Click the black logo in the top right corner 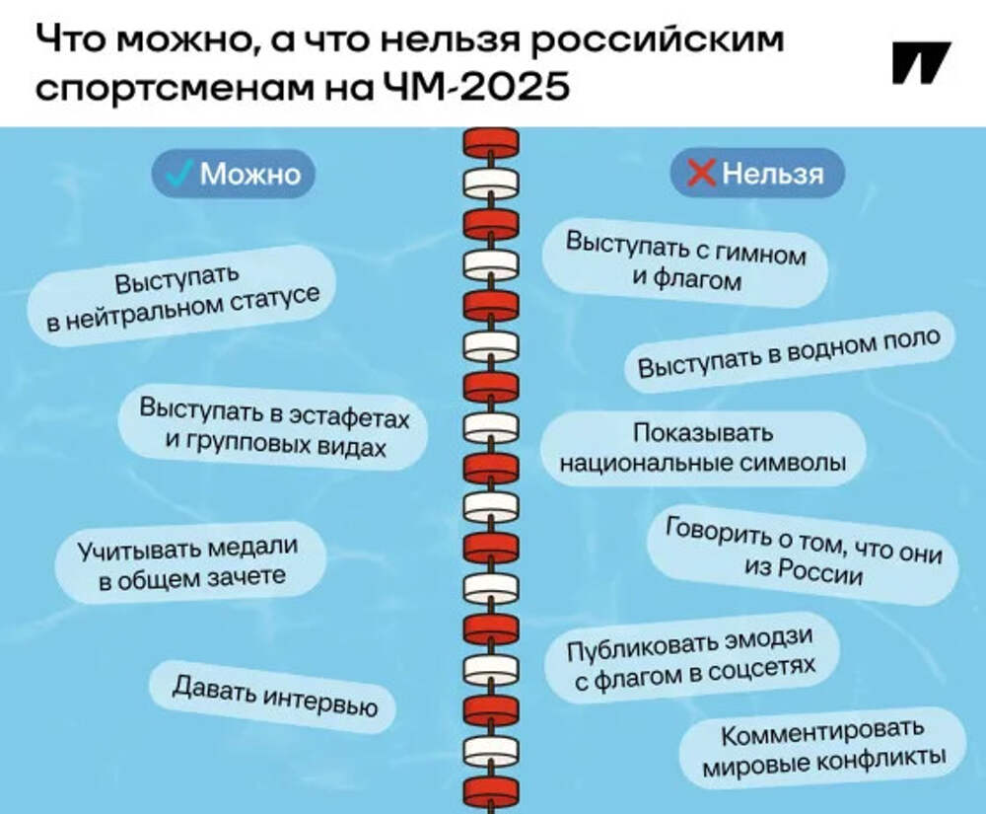click(x=921, y=62)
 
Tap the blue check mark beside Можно click(x=179, y=174)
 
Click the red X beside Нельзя click(x=701, y=175)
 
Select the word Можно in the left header click(x=249, y=174)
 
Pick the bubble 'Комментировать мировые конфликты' click(x=822, y=747)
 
